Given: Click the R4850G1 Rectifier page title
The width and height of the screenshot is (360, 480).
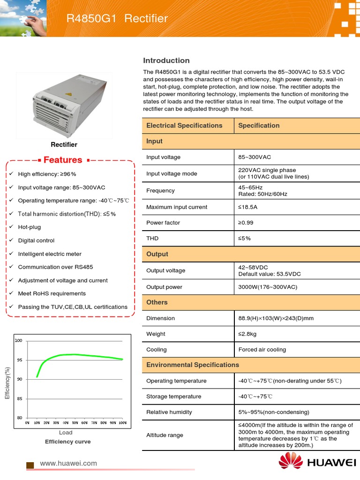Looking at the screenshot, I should pos(117,19).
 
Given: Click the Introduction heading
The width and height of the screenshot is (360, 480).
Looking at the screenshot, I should pos(166,60).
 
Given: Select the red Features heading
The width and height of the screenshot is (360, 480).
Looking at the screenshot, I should pos(63,160).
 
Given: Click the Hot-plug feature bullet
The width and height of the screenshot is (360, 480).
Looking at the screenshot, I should pos(29,227).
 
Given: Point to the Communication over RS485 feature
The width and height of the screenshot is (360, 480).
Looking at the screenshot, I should pos(55,267).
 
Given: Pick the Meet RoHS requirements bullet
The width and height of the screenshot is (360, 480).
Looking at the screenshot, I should pos(52,293).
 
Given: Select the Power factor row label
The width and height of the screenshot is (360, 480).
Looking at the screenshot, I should pos(163,223).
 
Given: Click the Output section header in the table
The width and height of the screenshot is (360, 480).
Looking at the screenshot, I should pos(157,254).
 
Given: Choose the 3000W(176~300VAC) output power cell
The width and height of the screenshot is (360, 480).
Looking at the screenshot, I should pos(268,287).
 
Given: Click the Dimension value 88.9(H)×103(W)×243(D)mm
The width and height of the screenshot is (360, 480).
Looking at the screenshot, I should pos(276,318).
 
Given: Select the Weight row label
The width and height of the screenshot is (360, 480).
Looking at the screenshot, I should pos(156,334).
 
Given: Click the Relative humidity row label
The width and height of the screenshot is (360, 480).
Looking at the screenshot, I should pos(169,412).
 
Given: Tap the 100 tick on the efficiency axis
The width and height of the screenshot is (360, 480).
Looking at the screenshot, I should pos(19,341).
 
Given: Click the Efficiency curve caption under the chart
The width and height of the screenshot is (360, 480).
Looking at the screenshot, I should pos(67,442).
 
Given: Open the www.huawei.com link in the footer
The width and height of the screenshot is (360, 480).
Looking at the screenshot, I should pos(68,463).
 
